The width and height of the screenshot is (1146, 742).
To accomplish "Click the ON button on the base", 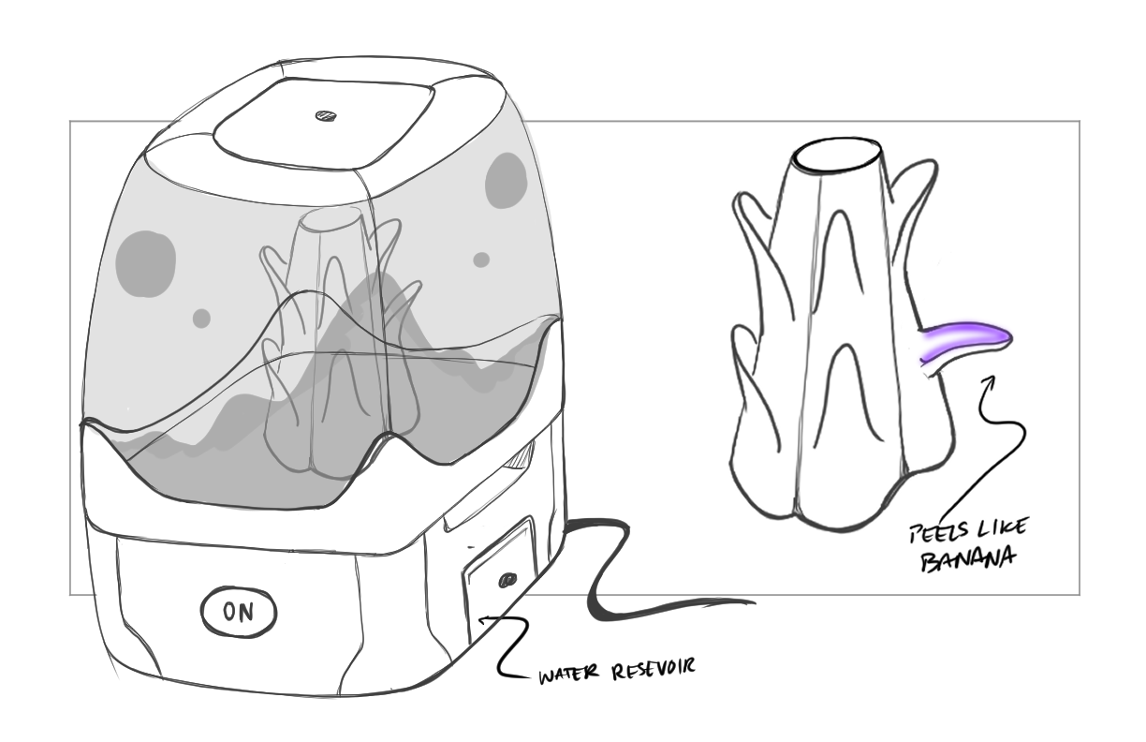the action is pos(239,613).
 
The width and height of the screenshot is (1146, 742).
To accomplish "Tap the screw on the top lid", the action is pos(325,118).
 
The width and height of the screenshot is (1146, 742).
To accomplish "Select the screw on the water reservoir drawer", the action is pos(507,579).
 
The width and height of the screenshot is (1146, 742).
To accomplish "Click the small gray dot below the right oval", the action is pos(481,260).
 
